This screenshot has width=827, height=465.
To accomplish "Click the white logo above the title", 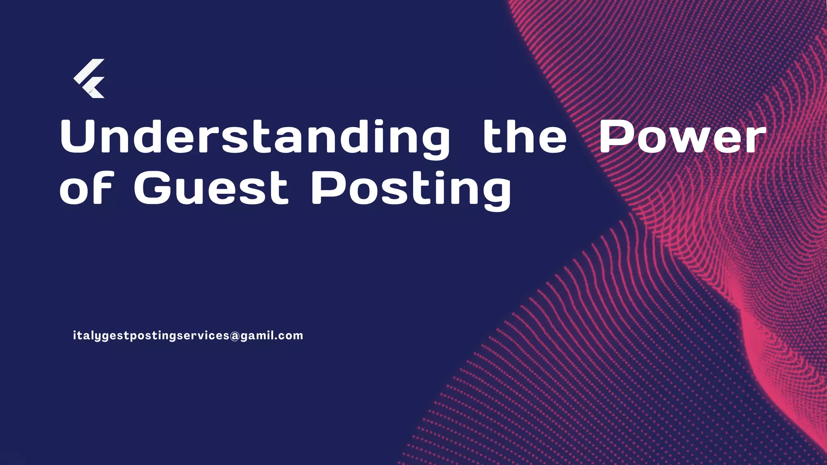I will [x=89, y=78].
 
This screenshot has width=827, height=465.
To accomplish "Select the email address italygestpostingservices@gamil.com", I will [x=188, y=336].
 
